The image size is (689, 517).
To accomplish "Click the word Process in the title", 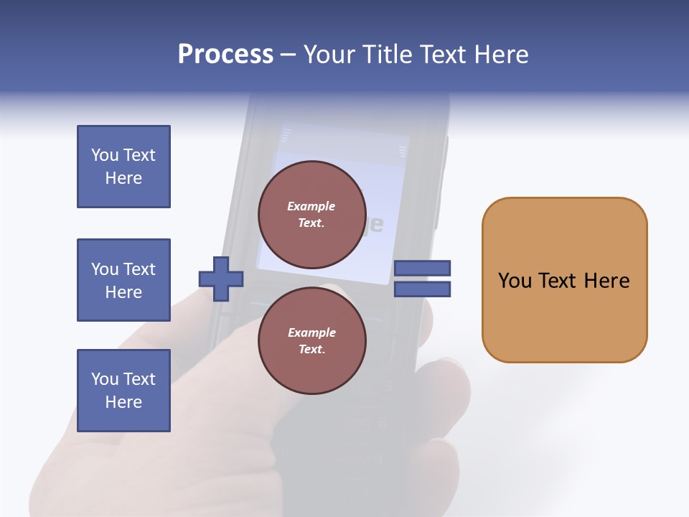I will pos(225,55).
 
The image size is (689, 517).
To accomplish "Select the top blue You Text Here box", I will pos(123,167).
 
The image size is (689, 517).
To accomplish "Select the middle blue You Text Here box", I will pos(123,280).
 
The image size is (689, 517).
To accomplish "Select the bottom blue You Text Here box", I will pos(123,391).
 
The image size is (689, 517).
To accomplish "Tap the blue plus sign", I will pos(221,279).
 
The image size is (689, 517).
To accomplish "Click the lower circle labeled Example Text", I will pos(311,340).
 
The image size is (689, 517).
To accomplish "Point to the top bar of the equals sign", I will pos(422,269).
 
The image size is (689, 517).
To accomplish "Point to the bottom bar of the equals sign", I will pos(422,289).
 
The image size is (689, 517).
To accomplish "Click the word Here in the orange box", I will pos(606,281).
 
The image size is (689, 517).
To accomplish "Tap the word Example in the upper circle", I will pos(311,206).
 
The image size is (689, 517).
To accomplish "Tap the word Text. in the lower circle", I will pos(311,349).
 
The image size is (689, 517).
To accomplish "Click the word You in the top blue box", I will pos(105,155).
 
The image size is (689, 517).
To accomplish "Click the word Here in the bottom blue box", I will pos(123,402).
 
